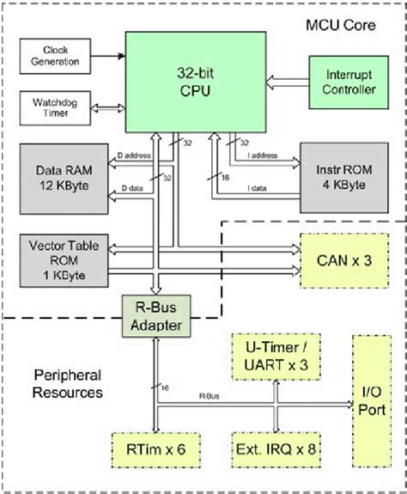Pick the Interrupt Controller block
[x=349, y=82]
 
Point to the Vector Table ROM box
[x=59, y=257]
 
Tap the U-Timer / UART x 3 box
[x=275, y=357]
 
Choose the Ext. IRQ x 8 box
[x=275, y=448]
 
